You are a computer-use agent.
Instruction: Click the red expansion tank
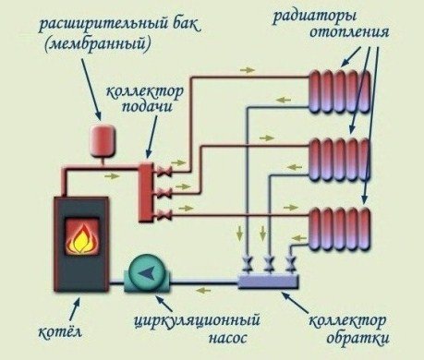97,139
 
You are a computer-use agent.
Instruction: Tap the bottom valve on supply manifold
167,216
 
